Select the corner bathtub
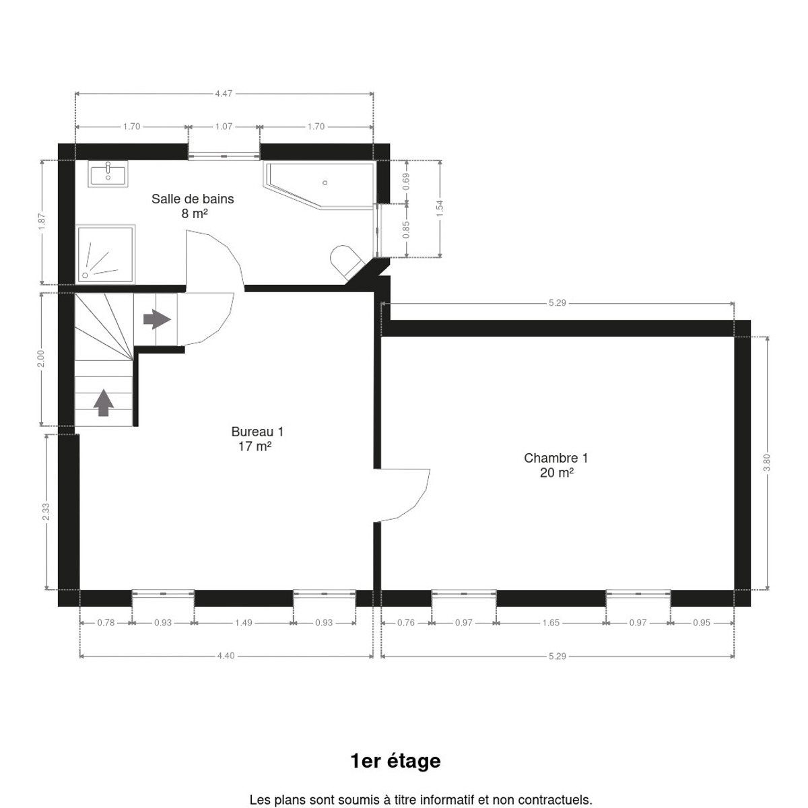(x=320, y=185)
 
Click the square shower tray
(x=105, y=254)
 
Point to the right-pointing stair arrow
(x=158, y=319)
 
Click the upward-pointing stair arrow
(x=104, y=403)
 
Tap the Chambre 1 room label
(x=556, y=465)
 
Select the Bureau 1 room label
(x=257, y=439)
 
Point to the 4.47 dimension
(x=224, y=94)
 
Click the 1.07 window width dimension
(x=224, y=127)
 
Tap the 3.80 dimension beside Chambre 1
(x=767, y=463)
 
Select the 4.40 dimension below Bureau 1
(x=226, y=656)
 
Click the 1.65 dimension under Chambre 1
(x=551, y=623)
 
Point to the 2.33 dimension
(x=46, y=512)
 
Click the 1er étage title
(x=395, y=761)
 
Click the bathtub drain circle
(x=325, y=183)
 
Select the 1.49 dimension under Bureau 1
(x=244, y=623)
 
